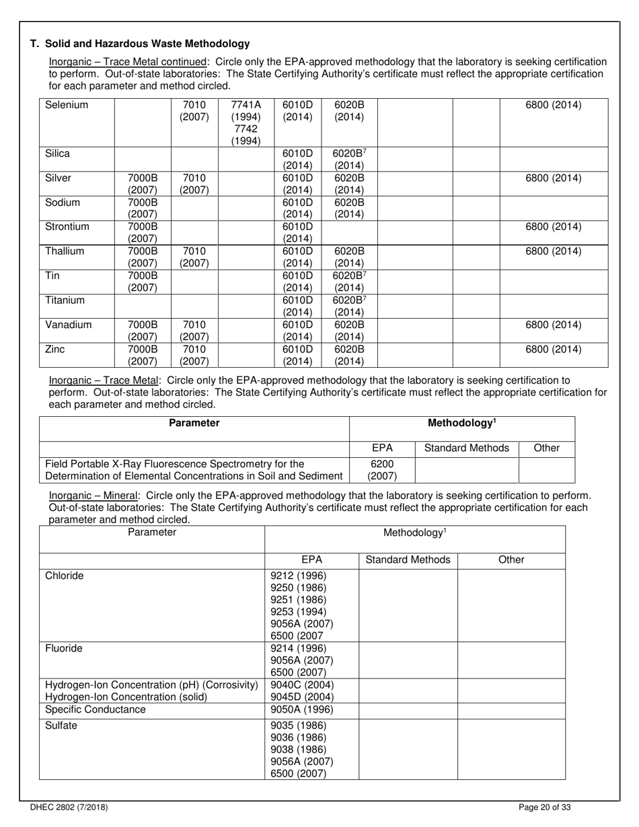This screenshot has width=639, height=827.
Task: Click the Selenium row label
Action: [x=67, y=106]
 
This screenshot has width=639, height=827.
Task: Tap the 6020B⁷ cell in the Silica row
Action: [x=349, y=159]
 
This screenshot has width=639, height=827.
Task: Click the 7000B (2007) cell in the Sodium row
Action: [x=143, y=208]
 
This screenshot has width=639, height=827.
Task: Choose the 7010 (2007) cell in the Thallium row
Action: [x=194, y=257]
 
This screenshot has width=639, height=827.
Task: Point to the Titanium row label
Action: [x=65, y=301]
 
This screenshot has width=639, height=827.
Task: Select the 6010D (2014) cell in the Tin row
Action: [x=297, y=281]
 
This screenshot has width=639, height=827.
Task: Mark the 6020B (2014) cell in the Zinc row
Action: [x=349, y=355]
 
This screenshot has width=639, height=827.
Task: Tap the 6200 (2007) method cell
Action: [x=381, y=470]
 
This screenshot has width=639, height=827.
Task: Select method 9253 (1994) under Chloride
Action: [x=298, y=612]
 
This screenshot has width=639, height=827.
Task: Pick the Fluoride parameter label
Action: [x=64, y=649]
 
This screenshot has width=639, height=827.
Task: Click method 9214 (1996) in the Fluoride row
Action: [x=298, y=649]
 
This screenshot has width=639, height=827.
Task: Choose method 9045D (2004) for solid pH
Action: [x=302, y=697]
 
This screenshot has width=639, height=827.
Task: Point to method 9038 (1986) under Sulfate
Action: [x=298, y=750]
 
